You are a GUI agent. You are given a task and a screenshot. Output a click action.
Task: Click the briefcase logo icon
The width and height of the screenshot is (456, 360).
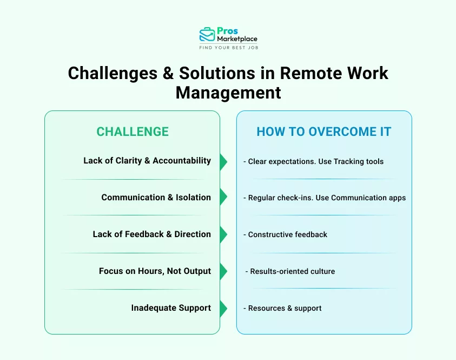pos(207,35)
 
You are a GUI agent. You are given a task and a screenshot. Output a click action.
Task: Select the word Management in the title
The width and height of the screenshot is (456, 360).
pos(228,92)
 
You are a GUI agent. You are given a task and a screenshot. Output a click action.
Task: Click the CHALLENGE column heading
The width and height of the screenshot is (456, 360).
pos(133,132)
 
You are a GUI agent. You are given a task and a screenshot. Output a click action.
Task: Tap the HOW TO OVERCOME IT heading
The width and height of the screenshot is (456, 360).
pos(323,132)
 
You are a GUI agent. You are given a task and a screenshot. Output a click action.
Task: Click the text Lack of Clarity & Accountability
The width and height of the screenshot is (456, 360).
pos(147,161)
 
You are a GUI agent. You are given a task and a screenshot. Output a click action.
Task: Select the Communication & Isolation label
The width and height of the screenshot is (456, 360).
pos(156,198)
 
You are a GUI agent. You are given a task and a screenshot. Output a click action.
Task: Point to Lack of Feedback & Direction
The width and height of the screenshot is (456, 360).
pos(151,234)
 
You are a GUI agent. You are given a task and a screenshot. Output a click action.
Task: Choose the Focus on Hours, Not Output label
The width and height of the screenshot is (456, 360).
pos(155,271)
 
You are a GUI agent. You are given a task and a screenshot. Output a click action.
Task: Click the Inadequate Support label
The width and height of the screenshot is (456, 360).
pos(171,308)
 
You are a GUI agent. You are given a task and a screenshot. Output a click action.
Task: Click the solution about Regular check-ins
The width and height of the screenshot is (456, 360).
pos(325,198)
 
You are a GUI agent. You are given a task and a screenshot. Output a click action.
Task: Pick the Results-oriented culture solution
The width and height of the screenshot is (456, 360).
pos(290,271)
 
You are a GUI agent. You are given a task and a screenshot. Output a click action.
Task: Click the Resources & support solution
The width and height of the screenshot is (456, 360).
pos(283,308)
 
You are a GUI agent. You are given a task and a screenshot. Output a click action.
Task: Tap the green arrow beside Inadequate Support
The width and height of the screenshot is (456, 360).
pos(223,308)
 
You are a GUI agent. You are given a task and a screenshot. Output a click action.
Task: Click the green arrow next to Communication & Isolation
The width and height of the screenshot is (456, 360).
pos(223,198)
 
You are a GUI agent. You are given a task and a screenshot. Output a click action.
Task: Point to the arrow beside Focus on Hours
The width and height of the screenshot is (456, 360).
pos(223,271)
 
